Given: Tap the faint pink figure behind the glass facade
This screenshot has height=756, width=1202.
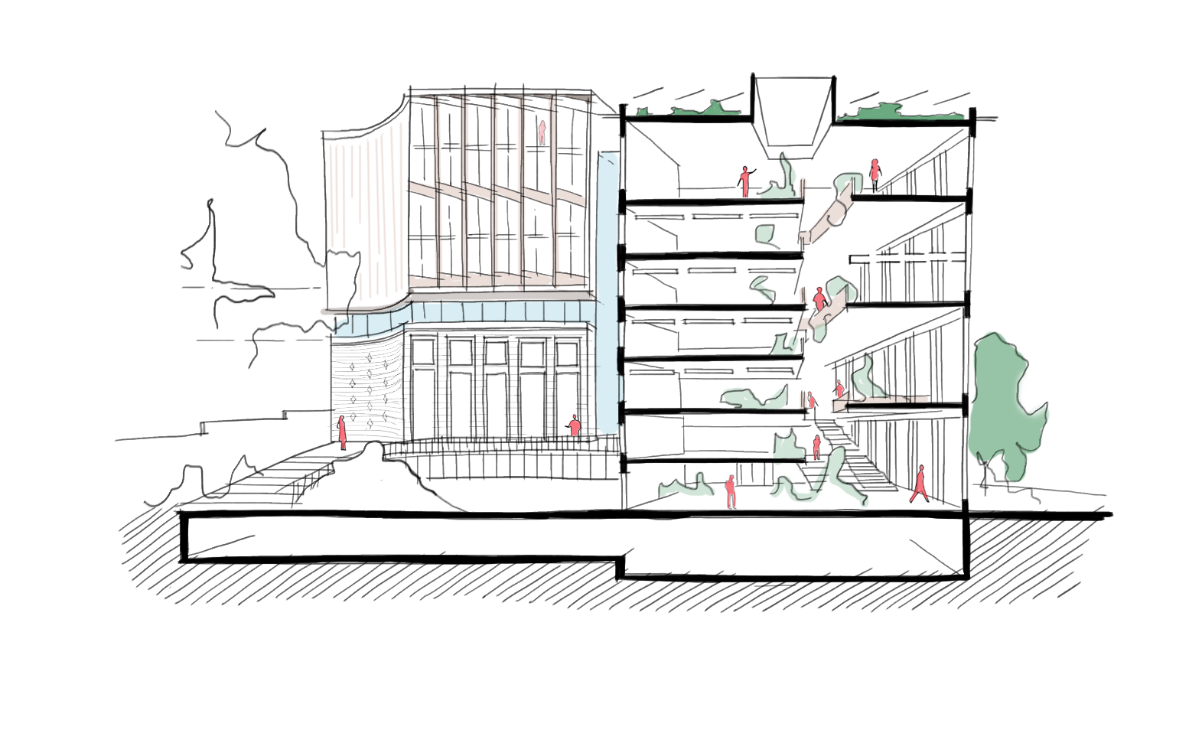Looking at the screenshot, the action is (x=542, y=132).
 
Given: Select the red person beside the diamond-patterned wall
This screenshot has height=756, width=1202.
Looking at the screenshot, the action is (x=342, y=432).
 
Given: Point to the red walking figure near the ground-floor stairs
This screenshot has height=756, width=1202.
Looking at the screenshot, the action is (x=919, y=484).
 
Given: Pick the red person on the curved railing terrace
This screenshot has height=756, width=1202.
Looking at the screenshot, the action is (x=574, y=425).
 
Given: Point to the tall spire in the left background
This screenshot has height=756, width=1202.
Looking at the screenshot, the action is (x=210, y=253).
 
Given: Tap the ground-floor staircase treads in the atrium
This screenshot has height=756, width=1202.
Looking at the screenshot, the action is (x=861, y=463).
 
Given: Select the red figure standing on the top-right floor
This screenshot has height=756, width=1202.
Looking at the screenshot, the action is (x=874, y=174).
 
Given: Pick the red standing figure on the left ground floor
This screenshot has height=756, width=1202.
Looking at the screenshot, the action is (x=730, y=491).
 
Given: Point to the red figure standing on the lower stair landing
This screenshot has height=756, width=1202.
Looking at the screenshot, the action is (x=816, y=446).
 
